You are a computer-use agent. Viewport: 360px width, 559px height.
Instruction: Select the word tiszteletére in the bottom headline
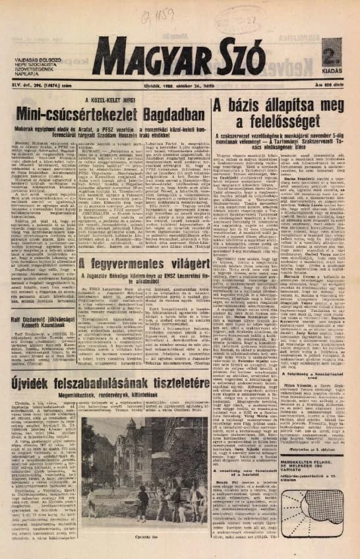click(x=174, y=382)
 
